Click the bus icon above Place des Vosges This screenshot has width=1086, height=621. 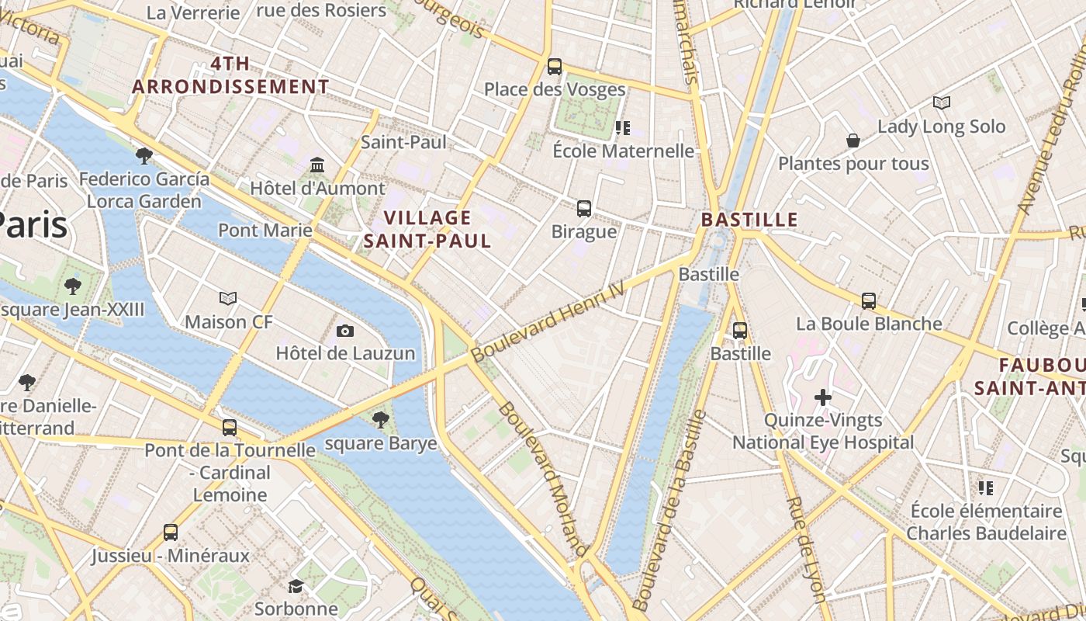(554, 67)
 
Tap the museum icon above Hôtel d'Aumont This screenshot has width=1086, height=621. (317, 165)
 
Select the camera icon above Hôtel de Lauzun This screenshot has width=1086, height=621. (345, 331)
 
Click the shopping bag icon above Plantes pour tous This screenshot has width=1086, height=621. (853, 141)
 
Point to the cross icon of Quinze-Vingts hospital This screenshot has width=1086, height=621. (823, 398)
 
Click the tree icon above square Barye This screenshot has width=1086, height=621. (380, 420)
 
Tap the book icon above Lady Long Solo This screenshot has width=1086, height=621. (942, 102)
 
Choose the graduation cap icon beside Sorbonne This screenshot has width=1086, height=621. (296, 586)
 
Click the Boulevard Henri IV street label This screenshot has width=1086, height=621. (548, 320)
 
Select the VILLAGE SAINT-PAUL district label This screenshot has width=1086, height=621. (427, 229)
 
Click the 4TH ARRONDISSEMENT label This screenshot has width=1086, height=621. (231, 75)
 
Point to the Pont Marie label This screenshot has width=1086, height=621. (265, 230)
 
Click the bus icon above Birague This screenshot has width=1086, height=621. (584, 209)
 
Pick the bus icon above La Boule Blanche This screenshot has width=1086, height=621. (869, 300)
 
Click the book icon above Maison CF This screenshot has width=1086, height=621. (228, 298)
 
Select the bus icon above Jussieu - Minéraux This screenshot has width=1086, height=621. (171, 533)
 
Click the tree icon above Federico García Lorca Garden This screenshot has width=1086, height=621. (144, 156)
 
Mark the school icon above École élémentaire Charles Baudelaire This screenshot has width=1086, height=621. (985, 488)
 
